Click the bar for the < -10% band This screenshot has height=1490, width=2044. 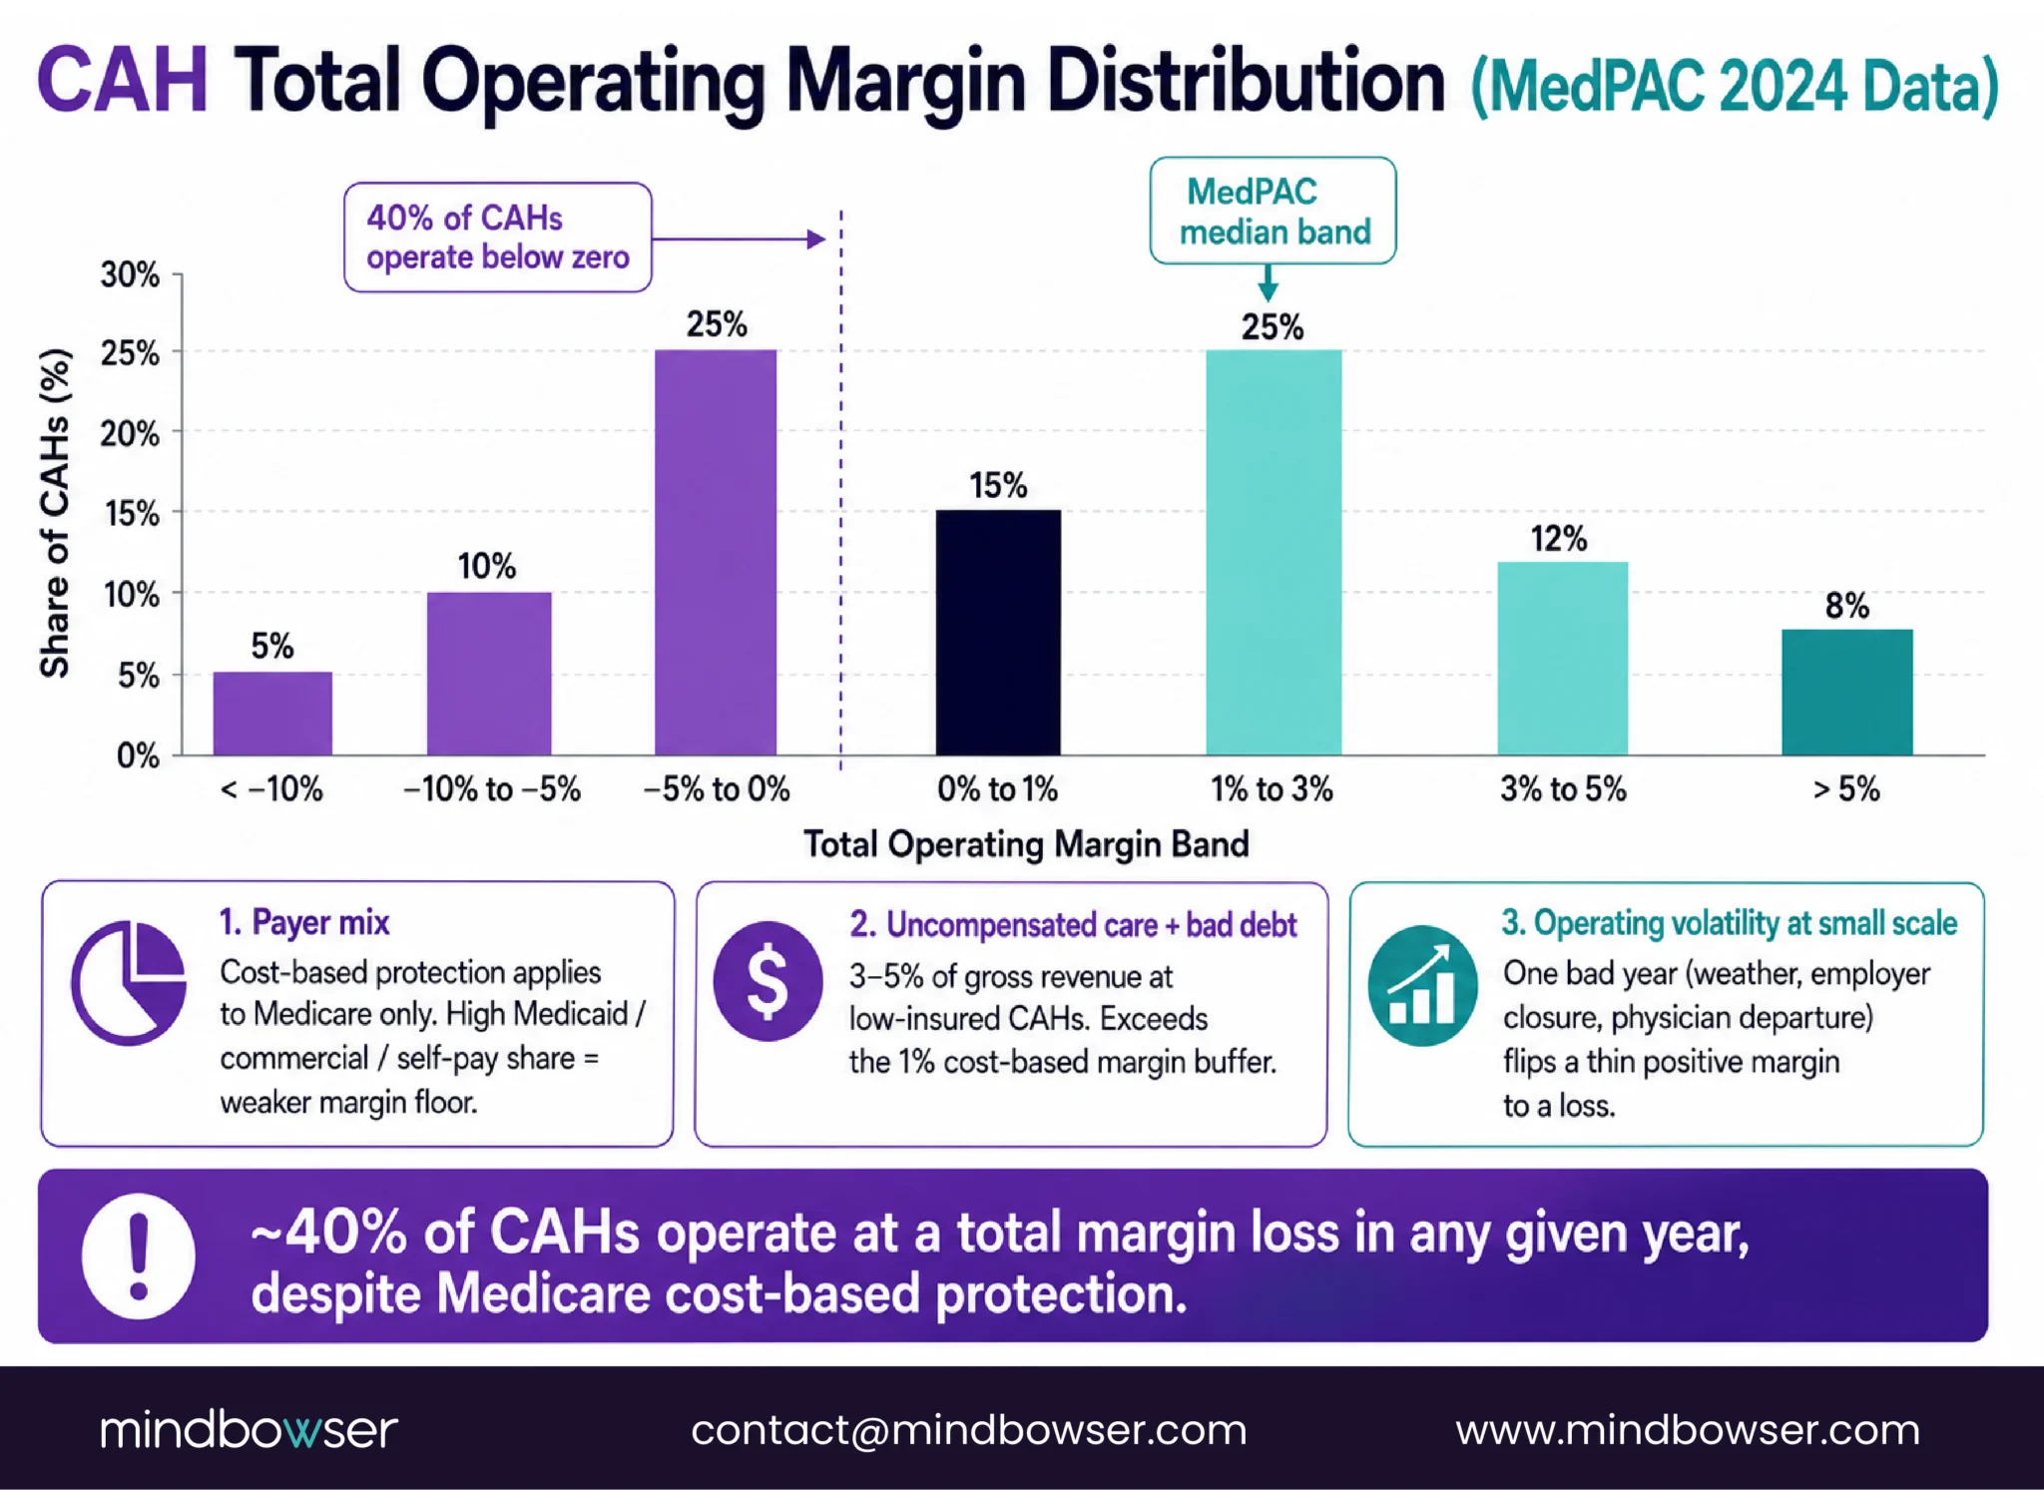pos(272,714)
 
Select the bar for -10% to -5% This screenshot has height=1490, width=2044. pos(489,674)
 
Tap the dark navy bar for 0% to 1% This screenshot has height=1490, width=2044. pos(998,633)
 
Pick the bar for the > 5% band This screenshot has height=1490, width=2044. pos(1847,692)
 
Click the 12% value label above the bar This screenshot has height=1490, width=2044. pos(1559,539)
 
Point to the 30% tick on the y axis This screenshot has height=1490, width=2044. pos(130,274)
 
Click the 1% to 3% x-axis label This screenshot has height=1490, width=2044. pos(1273,789)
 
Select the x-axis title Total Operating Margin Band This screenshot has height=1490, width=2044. pos(1026,844)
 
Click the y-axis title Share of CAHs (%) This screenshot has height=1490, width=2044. pos(56,513)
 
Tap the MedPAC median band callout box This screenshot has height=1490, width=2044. pos(1273,211)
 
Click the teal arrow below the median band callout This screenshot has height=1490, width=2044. pos(1268,282)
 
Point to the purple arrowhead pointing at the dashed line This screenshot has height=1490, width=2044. pos(816,240)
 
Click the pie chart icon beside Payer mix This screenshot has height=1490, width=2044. pos(129,983)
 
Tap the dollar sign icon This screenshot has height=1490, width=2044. pos(767,981)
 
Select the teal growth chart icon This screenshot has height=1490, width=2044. pos(1422,986)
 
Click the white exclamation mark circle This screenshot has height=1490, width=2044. pos(138,1256)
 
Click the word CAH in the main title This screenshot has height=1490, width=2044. pos(123,81)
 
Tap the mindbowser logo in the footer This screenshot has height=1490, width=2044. pos(249,1429)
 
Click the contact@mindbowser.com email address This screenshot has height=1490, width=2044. pos(969,1430)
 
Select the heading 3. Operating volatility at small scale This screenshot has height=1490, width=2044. pos(1730,923)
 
